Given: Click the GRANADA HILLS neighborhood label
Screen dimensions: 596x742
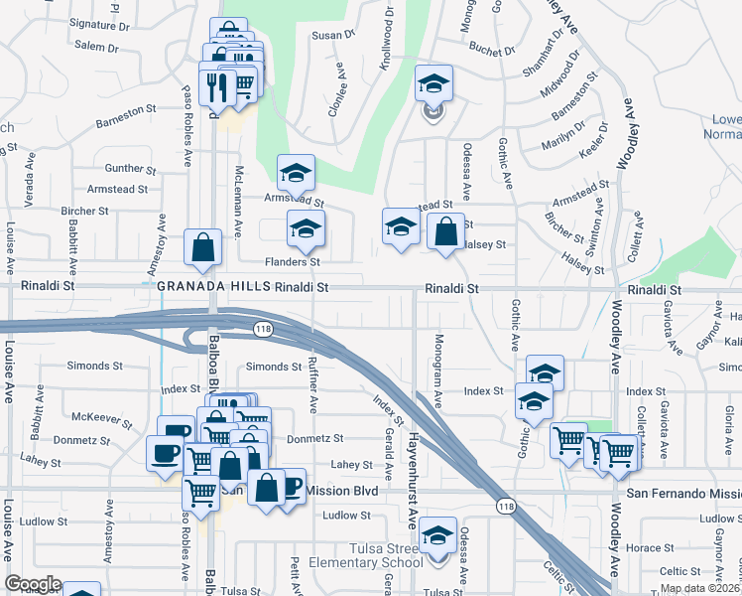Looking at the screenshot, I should (x=213, y=287).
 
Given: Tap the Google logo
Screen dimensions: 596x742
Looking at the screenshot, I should (x=33, y=584).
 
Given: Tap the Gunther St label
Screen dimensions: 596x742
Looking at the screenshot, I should (x=124, y=168).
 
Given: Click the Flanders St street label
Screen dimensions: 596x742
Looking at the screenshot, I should (x=292, y=262).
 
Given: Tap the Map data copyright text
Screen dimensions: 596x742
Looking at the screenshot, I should (x=699, y=588).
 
